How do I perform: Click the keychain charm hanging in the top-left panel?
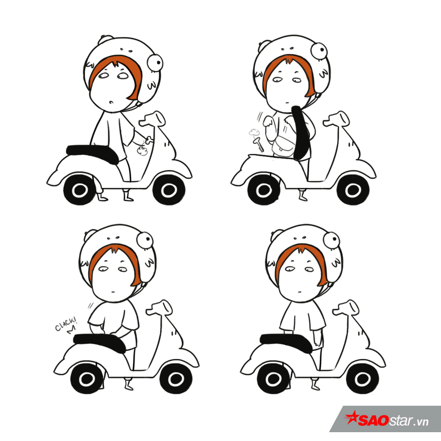point(142,151)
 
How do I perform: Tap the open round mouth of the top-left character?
point(112,101)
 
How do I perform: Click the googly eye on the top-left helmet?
point(155,63)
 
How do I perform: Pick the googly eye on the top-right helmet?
point(319,51)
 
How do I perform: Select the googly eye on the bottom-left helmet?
point(145,240)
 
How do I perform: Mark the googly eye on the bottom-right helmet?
point(332,239)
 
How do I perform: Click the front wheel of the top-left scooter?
point(169,190)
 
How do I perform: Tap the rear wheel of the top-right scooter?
point(264,190)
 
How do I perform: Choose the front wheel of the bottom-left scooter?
point(176,378)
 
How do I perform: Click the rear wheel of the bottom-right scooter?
point(273,378)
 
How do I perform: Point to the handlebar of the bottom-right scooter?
point(346,308)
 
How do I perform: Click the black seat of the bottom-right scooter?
point(287,342)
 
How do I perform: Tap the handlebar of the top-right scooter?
point(336,119)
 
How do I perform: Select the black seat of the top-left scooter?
point(93,153)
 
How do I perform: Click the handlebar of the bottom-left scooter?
point(159,308)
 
